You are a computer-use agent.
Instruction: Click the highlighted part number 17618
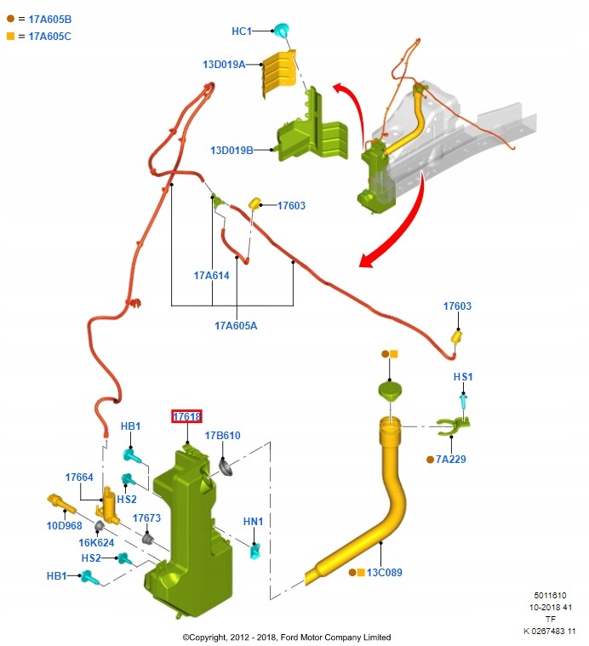tap(186, 416)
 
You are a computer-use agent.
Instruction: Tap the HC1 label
tap(242, 31)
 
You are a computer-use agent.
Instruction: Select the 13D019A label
tap(223, 64)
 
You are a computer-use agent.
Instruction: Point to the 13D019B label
tap(232, 151)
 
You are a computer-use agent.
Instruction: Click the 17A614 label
tap(211, 275)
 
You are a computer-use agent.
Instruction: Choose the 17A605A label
tap(236, 324)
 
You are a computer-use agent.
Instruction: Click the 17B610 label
tap(222, 436)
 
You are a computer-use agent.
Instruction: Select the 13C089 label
tap(384, 573)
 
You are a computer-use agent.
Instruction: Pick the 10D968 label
tap(64, 525)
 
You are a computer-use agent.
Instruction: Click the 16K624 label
tap(96, 542)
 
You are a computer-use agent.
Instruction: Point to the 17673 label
tap(146, 517)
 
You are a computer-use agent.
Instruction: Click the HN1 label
tap(254, 521)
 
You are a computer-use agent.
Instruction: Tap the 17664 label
tap(79, 477)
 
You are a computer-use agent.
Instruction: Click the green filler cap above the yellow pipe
tap(390, 392)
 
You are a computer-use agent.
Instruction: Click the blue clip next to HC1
tap(281, 31)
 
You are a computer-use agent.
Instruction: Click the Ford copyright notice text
tap(287, 637)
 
